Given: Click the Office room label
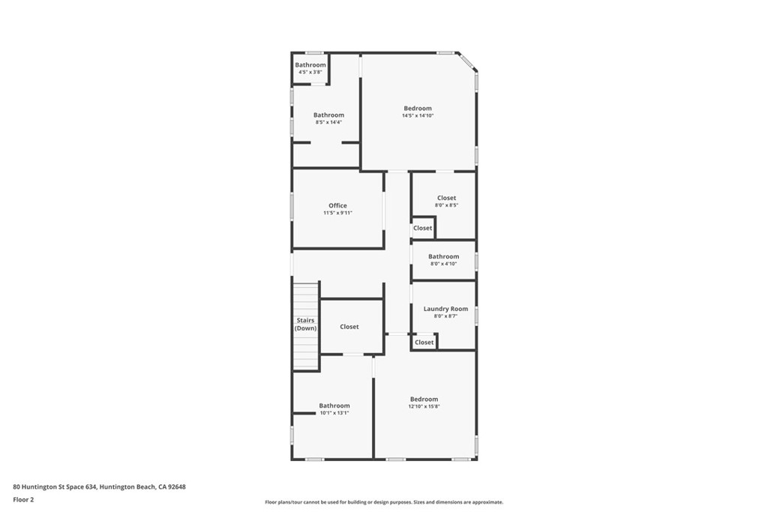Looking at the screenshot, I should click(x=337, y=205).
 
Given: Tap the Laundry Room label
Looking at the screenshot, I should click(x=445, y=309).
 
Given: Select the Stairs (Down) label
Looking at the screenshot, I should click(x=305, y=325).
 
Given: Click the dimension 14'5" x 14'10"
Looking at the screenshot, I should click(x=418, y=115).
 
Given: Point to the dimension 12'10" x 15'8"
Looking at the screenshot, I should click(x=424, y=406).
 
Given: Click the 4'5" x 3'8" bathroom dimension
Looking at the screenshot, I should click(x=310, y=72).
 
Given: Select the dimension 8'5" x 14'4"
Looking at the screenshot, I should click(x=328, y=122).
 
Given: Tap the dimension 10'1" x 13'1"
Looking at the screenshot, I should click(x=334, y=413).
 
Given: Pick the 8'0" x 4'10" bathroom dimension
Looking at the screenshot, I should click(x=443, y=264).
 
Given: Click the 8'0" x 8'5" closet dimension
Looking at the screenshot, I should click(x=446, y=205).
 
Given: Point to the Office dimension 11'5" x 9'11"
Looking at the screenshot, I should click(x=337, y=213).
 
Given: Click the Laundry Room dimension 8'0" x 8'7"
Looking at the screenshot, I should click(x=445, y=316).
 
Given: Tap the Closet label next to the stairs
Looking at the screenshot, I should click(x=349, y=327).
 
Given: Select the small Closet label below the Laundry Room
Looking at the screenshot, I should click(x=424, y=343).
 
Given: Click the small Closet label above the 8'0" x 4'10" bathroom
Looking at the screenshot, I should click(x=422, y=228).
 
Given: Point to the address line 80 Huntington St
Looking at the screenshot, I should click(x=99, y=487).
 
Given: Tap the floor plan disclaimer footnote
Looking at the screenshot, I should click(x=384, y=502).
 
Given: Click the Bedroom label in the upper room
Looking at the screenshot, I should click(x=418, y=108).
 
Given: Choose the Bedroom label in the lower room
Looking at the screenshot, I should click(x=424, y=399).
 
